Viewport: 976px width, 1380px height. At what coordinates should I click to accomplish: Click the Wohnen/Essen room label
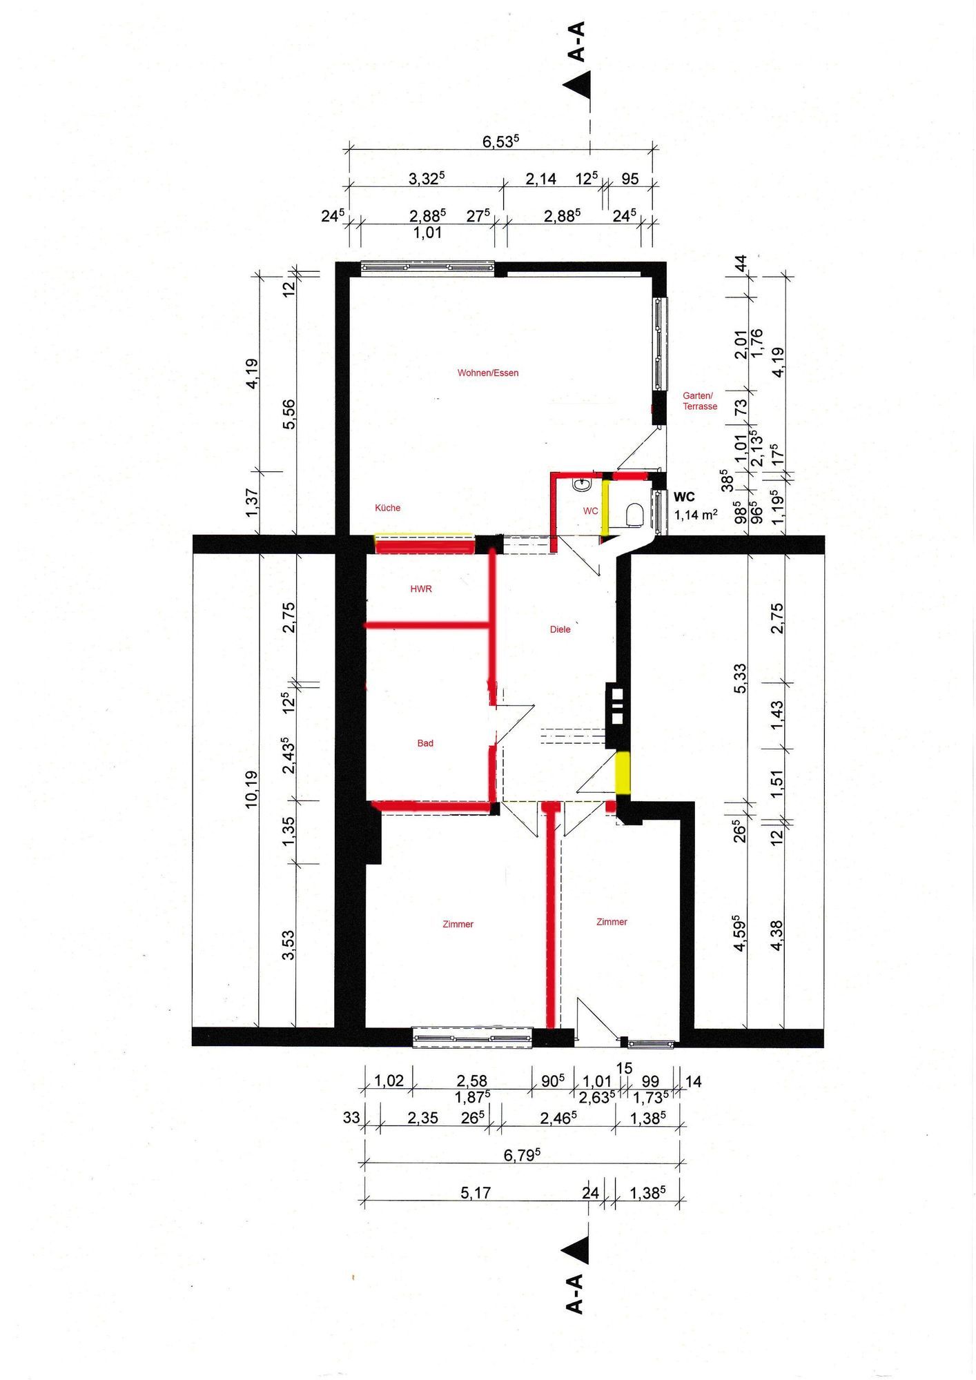tap(488, 373)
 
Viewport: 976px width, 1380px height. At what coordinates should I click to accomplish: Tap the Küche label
tap(387, 508)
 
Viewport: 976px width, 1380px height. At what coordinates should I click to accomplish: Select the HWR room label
tap(421, 589)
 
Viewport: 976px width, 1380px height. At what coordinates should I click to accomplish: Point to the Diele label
tap(560, 629)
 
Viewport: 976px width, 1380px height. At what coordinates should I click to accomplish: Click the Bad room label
tap(425, 743)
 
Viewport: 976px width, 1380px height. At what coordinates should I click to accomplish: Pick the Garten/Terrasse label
tap(700, 401)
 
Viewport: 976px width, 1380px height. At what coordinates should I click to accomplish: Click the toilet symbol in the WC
tap(634, 515)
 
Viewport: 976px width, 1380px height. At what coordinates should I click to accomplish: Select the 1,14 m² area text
tap(696, 515)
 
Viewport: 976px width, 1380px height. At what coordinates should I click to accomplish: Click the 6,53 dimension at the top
tap(500, 141)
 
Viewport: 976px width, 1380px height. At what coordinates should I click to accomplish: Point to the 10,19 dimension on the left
tap(251, 789)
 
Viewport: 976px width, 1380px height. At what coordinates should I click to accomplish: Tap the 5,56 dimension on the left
tap(289, 414)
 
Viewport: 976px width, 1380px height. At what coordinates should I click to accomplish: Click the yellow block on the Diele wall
tap(623, 773)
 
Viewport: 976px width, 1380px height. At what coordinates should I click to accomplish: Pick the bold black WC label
tap(684, 497)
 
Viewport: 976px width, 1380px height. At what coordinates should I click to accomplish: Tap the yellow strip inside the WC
tap(605, 508)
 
